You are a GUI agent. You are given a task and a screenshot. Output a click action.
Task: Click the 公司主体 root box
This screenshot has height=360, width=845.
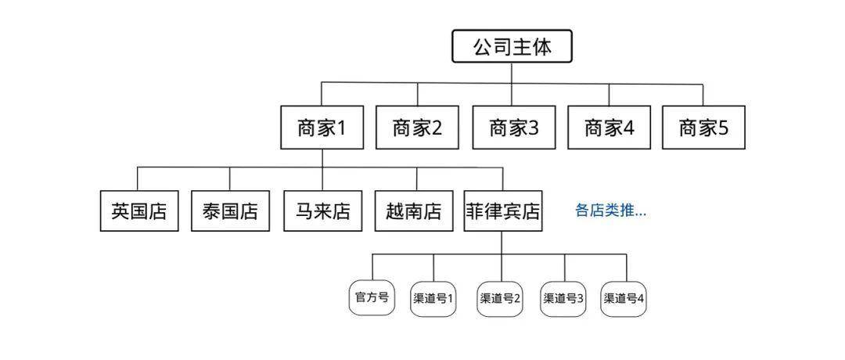click(512, 47)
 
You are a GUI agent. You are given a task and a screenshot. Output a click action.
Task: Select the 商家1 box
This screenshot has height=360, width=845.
click(322, 128)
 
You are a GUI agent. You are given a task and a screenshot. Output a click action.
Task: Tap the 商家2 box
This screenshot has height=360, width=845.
click(417, 128)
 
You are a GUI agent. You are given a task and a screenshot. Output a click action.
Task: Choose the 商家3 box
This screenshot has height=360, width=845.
click(513, 128)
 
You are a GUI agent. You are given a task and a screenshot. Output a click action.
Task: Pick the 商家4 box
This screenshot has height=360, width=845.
click(609, 128)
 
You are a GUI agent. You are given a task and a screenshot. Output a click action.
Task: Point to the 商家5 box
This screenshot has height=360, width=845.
click(703, 128)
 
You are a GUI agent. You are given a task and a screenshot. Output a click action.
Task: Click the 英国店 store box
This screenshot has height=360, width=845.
click(139, 211)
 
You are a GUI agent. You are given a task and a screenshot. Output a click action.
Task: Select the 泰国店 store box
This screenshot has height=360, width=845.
click(230, 211)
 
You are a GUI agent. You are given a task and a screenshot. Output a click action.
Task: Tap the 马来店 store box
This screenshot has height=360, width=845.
click(322, 211)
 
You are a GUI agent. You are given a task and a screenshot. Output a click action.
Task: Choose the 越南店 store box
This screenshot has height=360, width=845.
click(413, 211)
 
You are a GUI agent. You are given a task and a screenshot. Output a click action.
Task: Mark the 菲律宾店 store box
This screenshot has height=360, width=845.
click(502, 211)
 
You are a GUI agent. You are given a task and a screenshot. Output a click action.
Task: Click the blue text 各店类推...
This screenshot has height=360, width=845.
click(611, 211)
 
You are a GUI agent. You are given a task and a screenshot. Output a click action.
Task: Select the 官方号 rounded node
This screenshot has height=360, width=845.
click(372, 297)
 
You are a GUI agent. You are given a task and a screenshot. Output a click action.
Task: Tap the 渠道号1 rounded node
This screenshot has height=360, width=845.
click(433, 298)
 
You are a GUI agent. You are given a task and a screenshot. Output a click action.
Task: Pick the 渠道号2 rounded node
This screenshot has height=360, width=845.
click(500, 298)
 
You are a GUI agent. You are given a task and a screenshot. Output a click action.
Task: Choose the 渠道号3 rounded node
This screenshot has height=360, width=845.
click(564, 298)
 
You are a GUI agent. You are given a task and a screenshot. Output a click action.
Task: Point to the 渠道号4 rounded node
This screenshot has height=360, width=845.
click(624, 298)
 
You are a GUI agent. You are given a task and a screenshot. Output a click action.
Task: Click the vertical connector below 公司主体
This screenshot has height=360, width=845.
click(512, 73)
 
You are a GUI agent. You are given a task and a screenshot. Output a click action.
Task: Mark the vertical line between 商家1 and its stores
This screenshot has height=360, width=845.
click(322, 158)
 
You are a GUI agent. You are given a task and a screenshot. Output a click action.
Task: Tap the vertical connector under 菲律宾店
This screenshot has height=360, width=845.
click(502, 243)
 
